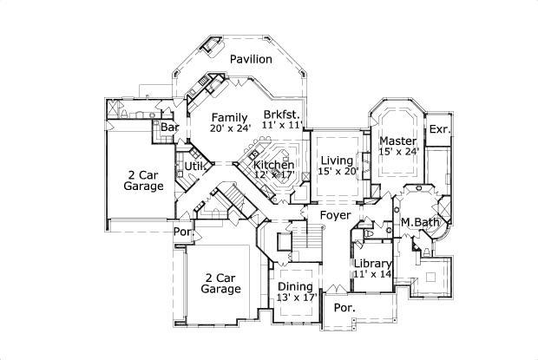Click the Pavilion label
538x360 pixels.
(252, 59)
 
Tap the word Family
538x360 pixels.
(229, 117)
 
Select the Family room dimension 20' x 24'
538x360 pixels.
(230, 128)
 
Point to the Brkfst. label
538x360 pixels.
(282, 115)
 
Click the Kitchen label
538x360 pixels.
(273, 165)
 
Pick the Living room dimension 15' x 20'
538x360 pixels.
(338, 172)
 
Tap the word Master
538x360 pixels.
(397, 141)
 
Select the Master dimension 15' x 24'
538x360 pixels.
(398, 152)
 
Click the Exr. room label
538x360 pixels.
(439, 129)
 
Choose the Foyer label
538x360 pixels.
(335, 214)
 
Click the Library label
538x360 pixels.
(373, 264)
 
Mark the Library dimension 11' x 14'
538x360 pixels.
(373, 274)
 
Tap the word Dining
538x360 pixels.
(295, 287)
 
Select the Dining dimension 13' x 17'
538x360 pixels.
(295, 298)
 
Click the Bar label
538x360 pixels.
(169, 128)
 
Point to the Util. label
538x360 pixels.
(193, 165)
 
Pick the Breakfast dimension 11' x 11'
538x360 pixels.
(283, 126)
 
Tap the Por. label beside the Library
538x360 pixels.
(345, 308)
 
